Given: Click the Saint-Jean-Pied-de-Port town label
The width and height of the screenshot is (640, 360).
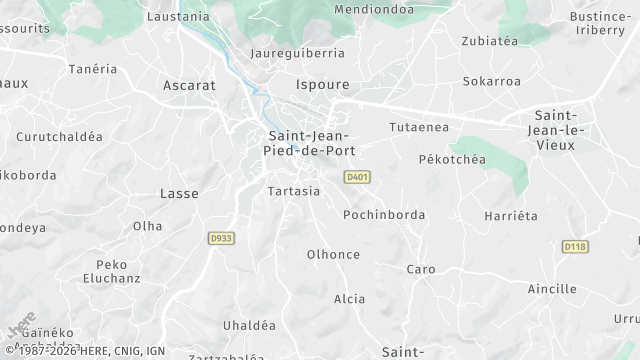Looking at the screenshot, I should pyautogui.click(x=311, y=143).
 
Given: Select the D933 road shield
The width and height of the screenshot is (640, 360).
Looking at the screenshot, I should pyautogui.click(x=221, y=238).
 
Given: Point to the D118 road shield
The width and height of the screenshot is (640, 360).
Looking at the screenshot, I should pyautogui.click(x=574, y=246).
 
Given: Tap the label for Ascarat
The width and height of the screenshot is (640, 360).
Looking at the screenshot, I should pyautogui.click(x=189, y=86).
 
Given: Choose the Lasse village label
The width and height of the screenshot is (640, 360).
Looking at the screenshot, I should pyautogui.click(x=179, y=193).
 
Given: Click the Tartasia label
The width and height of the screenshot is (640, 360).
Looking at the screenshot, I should pyautogui.click(x=294, y=190).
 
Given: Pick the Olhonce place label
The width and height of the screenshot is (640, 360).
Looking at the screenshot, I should pyautogui.click(x=333, y=254).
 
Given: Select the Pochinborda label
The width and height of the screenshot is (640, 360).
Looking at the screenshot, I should pyautogui.click(x=384, y=215).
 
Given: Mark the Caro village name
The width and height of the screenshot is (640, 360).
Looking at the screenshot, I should pyautogui.click(x=420, y=269).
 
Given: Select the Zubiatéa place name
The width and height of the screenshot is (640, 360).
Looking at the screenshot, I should pyautogui.click(x=490, y=41).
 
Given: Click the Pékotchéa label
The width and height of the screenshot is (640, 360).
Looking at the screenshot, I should pyautogui.click(x=451, y=159).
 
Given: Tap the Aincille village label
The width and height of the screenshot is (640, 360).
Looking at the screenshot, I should pyautogui.click(x=552, y=289).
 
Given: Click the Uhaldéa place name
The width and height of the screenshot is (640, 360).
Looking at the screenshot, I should pyautogui.click(x=249, y=325).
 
